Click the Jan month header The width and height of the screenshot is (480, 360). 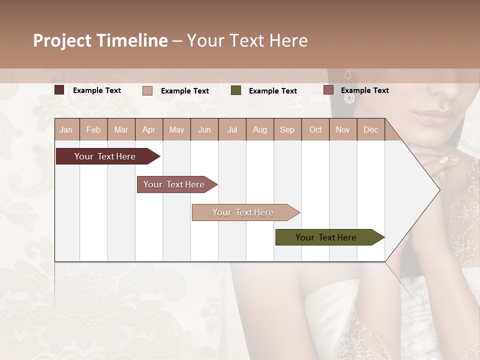click(x=66, y=129)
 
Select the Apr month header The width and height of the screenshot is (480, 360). click(x=148, y=129)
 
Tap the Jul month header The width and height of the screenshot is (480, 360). click(x=232, y=129)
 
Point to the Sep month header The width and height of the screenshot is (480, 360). click(x=287, y=129)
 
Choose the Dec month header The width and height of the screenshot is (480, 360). click(x=370, y=129)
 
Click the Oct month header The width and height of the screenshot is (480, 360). click(x=315, y=129)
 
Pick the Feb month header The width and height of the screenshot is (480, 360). click(x=93, y=129)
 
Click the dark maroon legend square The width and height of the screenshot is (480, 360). click(x=59, y=90)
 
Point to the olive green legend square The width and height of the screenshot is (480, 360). click(x=236, y=90)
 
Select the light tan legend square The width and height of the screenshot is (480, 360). click(x=147, y=90)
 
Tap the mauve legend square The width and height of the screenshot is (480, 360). click(x=328, y=90)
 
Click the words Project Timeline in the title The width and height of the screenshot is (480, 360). click(x=100, y=40)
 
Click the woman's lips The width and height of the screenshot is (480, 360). click(x=431, y=117)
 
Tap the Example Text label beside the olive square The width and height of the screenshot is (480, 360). click(x=272, y=90)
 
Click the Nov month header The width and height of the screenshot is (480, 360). click(x=343, y=129)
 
